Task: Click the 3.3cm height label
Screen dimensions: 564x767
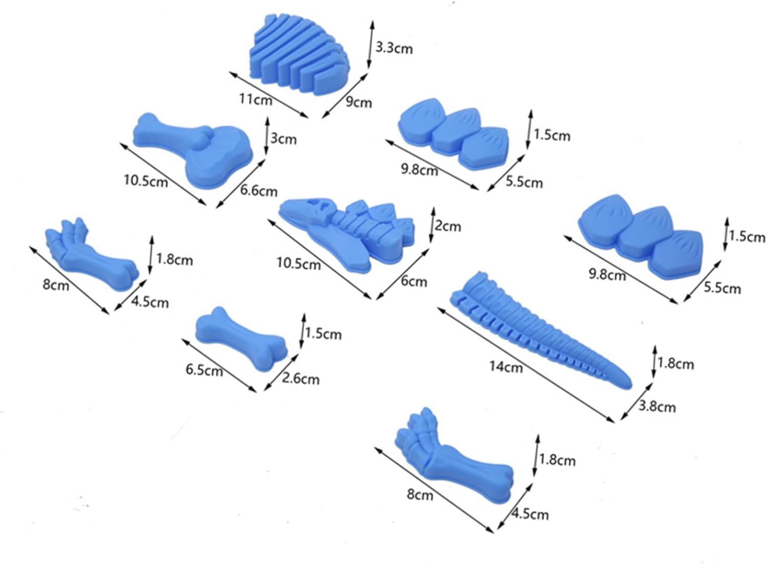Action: coord(394,48)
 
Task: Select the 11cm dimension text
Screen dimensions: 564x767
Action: coord(256,99)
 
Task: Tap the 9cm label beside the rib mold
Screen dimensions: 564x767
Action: coord(358,102)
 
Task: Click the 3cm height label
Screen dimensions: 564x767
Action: coord(283,138)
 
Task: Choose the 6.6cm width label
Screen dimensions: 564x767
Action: coord(259,191)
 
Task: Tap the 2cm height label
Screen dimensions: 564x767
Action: coord(447,226)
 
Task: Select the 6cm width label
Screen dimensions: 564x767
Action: coord(414,281)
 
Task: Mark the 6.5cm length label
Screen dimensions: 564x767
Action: coord(204,370)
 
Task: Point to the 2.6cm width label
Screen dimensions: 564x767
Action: coord(301,379)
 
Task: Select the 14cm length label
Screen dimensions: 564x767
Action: coord(506,366)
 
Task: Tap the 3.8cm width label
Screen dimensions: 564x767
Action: coord(657,407)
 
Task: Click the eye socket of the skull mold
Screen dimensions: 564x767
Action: coord(323,207)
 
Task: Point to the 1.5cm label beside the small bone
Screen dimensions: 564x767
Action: coord(323,334)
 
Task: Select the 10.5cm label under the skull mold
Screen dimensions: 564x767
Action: coord(299,264)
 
